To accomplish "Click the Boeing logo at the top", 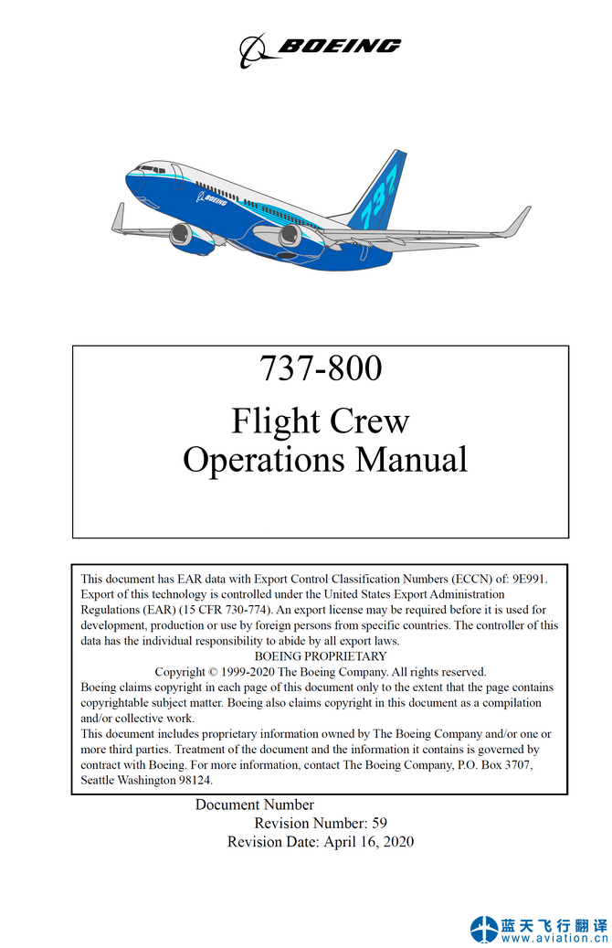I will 320,48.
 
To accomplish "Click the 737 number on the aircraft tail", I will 382,193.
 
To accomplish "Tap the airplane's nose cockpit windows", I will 152,169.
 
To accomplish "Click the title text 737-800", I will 321,368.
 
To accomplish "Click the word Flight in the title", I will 275,421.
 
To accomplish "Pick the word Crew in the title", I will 369,421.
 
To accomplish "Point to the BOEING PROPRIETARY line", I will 321,656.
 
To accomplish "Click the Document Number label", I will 255,805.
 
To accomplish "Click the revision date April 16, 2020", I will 368,842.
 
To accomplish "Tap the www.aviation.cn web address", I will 554,938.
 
